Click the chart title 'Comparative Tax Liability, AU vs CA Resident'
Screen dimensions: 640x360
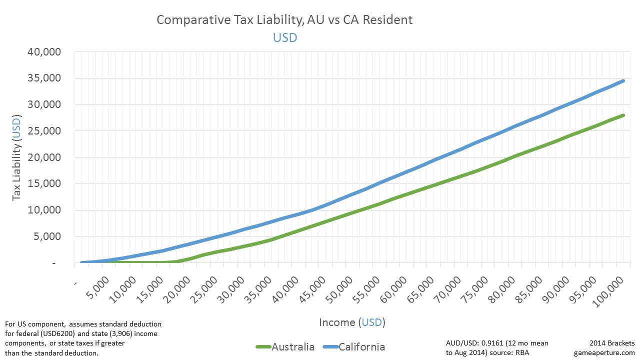point(284,20)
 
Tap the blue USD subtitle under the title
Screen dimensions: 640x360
point(285,37)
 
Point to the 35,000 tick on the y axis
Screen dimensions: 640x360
point(44,78)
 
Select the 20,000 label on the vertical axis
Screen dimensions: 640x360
point(44,157)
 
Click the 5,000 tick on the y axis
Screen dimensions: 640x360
point(47,236)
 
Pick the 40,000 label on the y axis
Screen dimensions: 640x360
point(44,51)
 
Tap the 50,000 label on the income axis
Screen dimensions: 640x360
point(340,289)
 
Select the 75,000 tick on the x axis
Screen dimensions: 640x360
point(475,289)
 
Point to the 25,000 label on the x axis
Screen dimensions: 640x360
point(204,289)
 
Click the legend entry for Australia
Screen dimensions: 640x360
point(285,347)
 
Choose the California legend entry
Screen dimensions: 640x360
point(354,347)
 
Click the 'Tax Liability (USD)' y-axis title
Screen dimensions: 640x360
point(16,157)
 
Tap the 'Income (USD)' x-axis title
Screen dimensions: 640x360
point(352,322)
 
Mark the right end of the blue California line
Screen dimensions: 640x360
point(623,81)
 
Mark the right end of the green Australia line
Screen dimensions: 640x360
point(623,115)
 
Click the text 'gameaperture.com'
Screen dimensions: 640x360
point(604,353)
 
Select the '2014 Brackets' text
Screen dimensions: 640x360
point(612,343)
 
